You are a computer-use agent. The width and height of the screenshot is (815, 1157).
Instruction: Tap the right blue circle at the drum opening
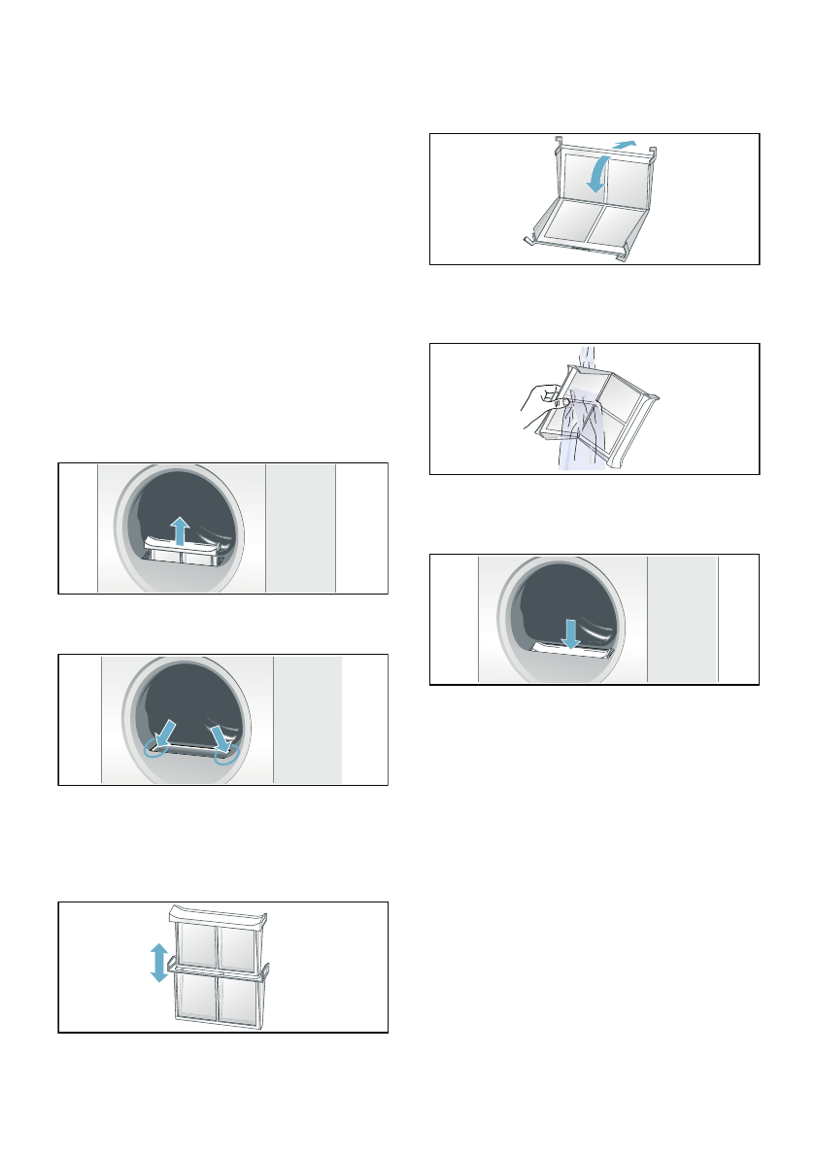[226, 757]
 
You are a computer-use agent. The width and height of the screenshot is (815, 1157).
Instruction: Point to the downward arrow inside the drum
[571, 633]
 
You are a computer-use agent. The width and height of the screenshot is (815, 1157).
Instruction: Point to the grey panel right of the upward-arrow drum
[300, 527]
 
